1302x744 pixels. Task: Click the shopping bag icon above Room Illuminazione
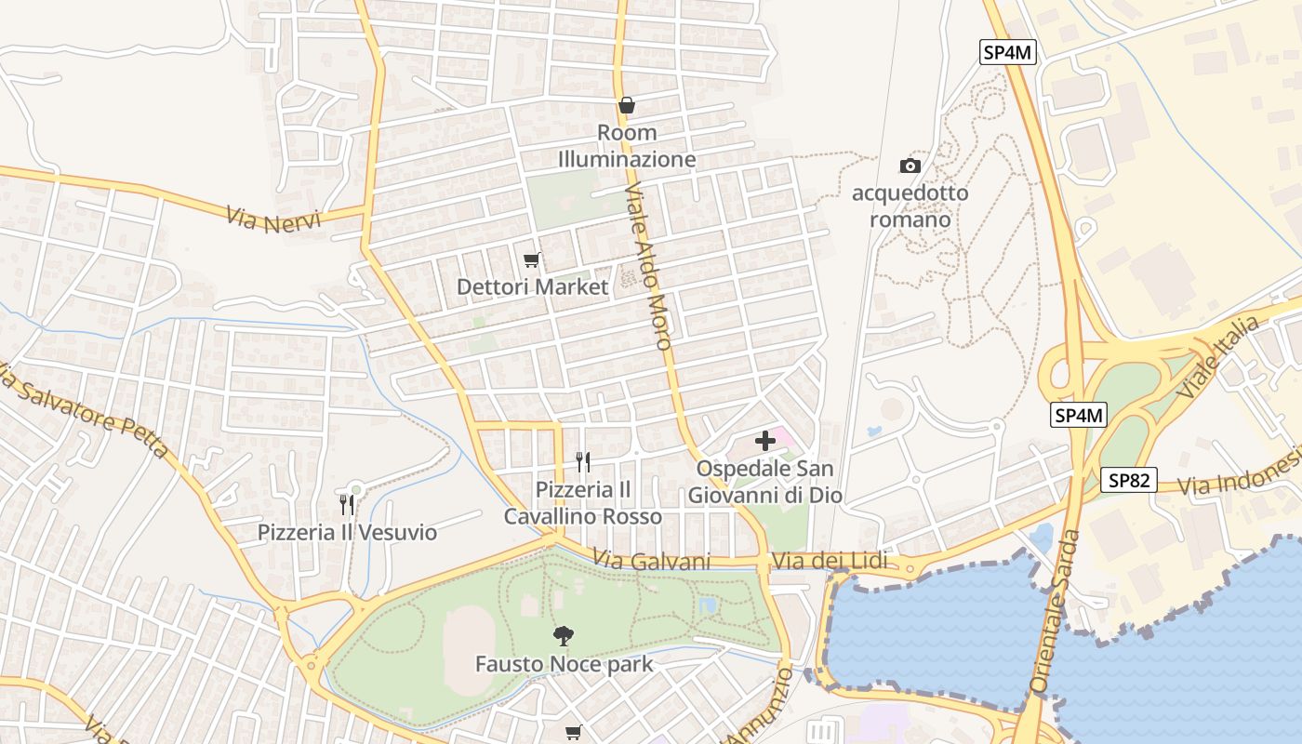[x=627, y=105]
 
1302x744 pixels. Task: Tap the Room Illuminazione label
[x=627, y=146]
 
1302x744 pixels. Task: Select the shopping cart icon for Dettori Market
[x=531, y=259]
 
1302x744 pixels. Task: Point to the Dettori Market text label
[x=532, y=286]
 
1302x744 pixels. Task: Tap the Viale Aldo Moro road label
[x=648, y=266]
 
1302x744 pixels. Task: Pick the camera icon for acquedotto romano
[x=910, y=166]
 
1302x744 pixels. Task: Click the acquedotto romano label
[x=910, y=206]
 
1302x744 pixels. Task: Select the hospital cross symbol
[x=765, y=441]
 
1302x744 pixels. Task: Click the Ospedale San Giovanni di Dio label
[x=765, y=482]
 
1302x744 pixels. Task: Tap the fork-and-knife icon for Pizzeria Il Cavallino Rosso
[x=583, y=461]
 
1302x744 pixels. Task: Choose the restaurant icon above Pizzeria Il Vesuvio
[x=347, y=504]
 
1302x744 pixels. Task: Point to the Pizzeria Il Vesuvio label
[x=347, y=533]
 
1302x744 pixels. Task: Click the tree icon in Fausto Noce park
[x=564, y=636]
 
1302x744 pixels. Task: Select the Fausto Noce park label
[x=564, y=664]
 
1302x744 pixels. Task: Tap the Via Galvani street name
[x=652, y=561]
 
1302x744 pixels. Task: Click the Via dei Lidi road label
[x=830, y=561]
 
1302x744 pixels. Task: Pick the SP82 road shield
[x=1129, y=480]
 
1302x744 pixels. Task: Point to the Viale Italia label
[x=1218, y=357]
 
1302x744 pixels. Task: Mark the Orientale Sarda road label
[x=1056, y=611]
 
